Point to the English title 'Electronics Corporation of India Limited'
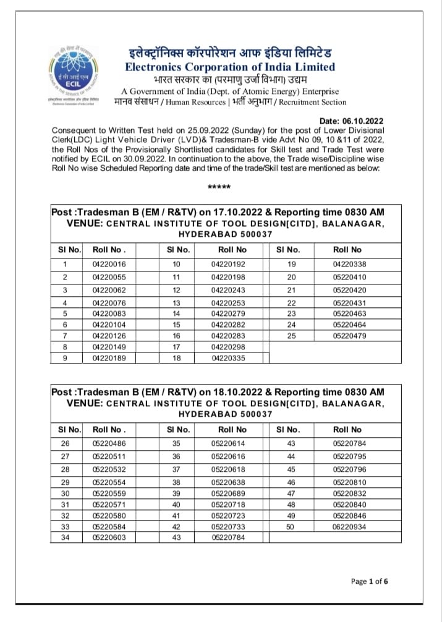click(x=230, y=67)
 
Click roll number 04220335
click(x=228, y=357)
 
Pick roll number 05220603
click(x=108, y=537)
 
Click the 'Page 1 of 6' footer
click(x=370, y=581)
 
